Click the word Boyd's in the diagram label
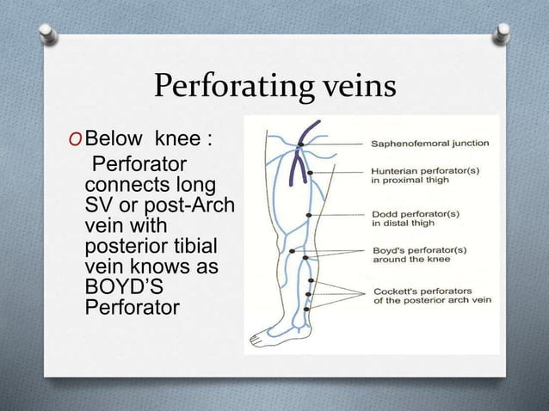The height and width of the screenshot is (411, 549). (x=390, y=250)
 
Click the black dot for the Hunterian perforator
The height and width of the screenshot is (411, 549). (x=310, y=173)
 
